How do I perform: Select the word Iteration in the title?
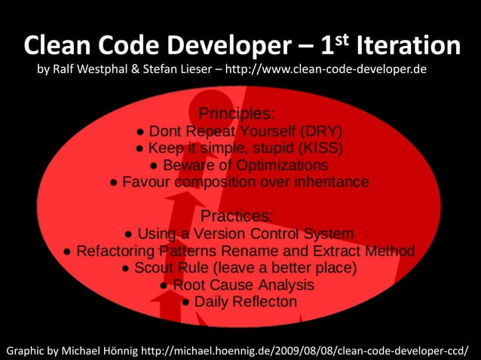[x=408, y=47]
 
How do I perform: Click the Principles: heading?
[x=236, y=114]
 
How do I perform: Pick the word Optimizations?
[x=278, y=164]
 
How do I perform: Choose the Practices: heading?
[x=236, y=216]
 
